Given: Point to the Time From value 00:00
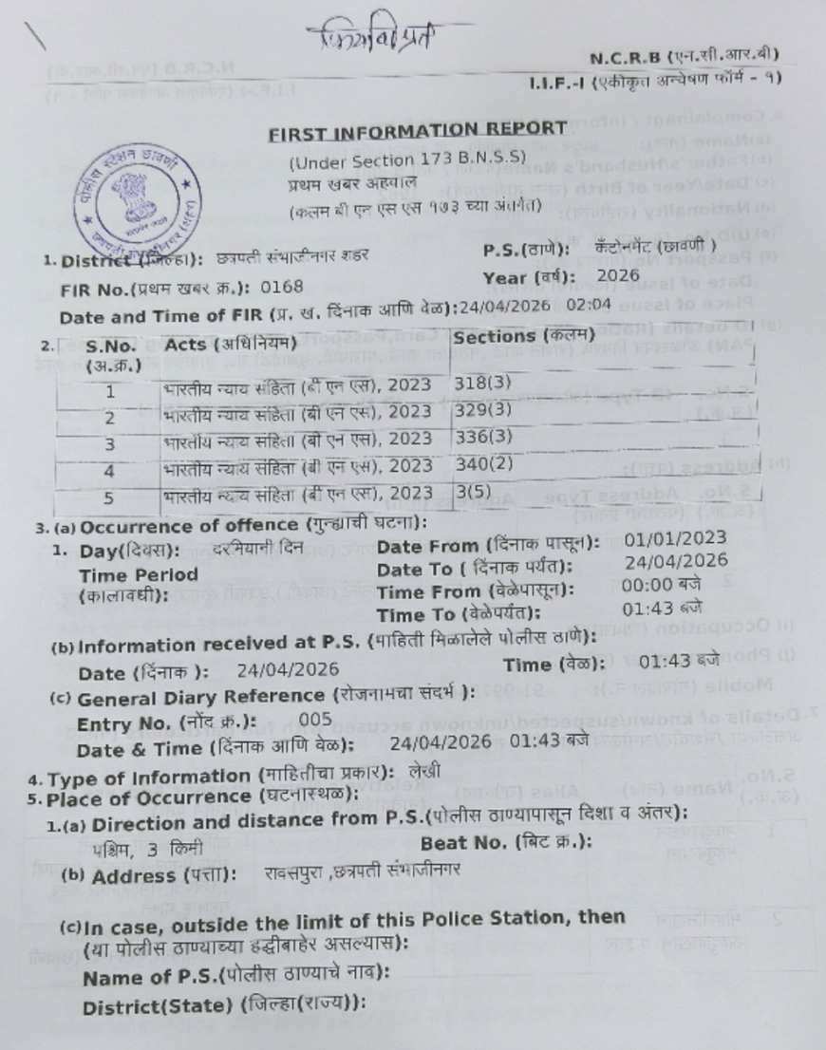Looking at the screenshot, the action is pyautogui.click(x=654, y=589).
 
